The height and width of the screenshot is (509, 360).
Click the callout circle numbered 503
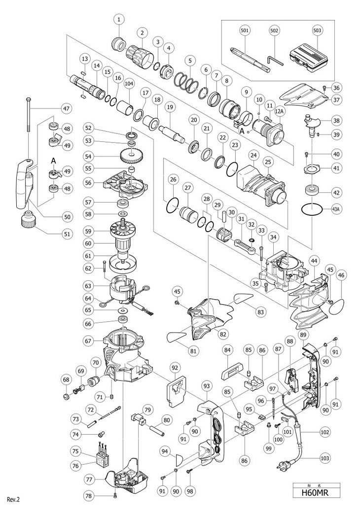tap(317, 31)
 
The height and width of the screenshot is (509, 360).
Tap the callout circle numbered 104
tap(129, 83)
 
